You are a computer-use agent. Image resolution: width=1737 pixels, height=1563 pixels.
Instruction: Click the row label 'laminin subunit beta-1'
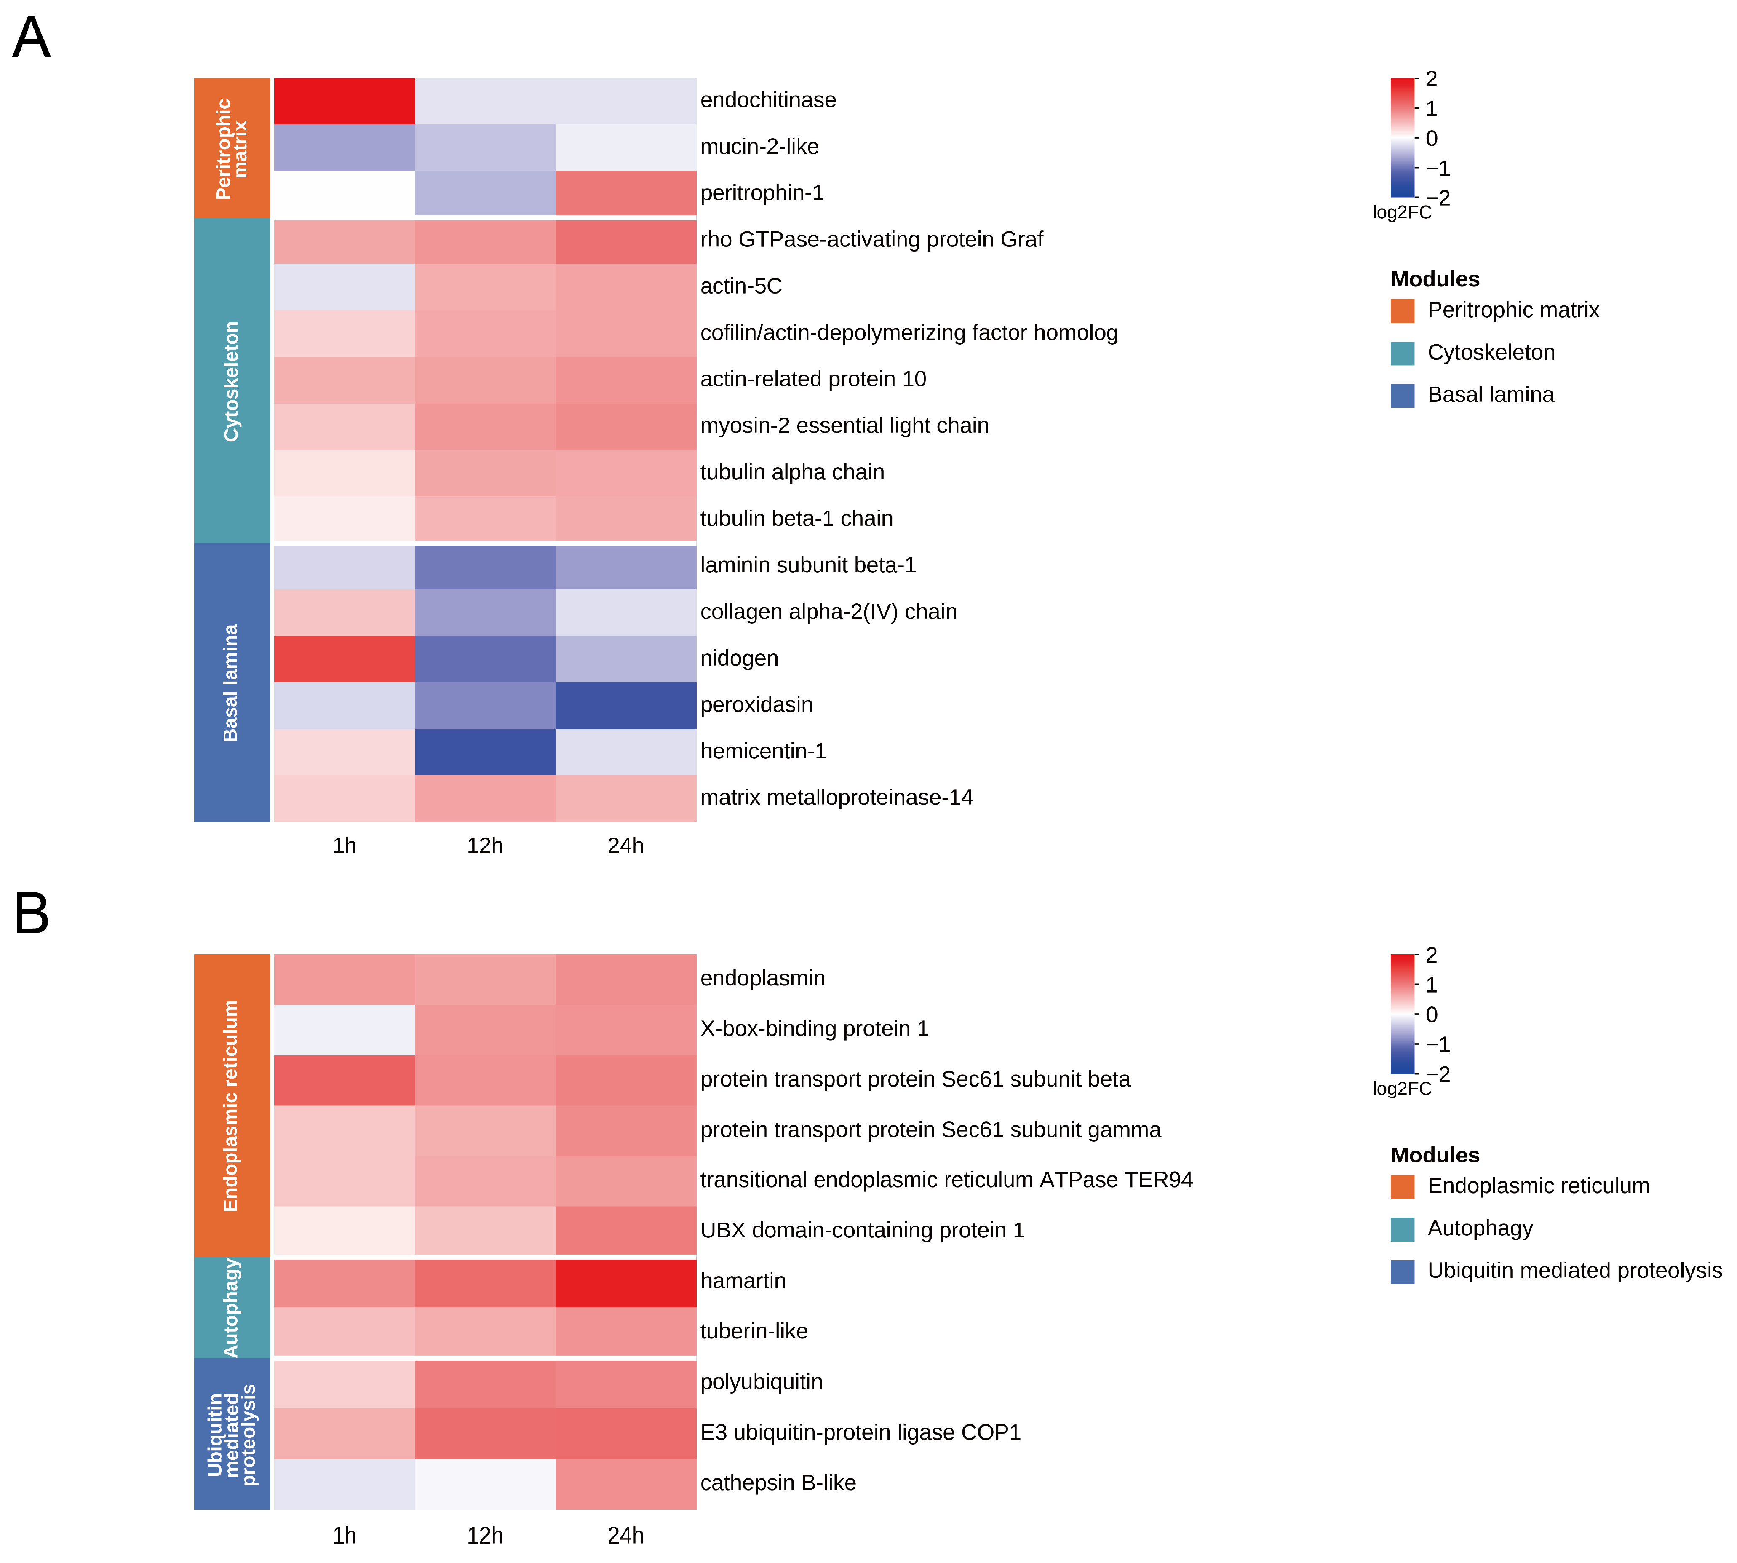[807, 565]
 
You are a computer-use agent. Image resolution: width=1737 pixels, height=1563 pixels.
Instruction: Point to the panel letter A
[32, 38]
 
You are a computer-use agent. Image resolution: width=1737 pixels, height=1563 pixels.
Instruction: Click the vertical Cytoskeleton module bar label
[231, 381]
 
